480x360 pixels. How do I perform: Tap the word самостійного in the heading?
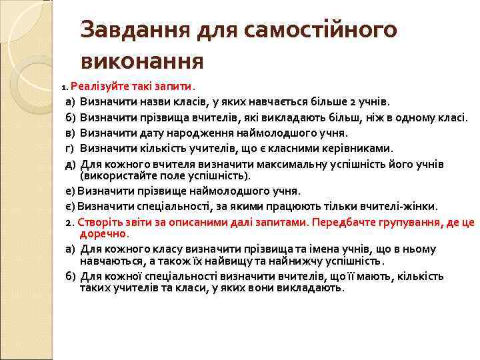point(320,30)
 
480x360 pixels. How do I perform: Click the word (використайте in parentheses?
point(115,176)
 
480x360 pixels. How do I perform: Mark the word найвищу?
point(242,261)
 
